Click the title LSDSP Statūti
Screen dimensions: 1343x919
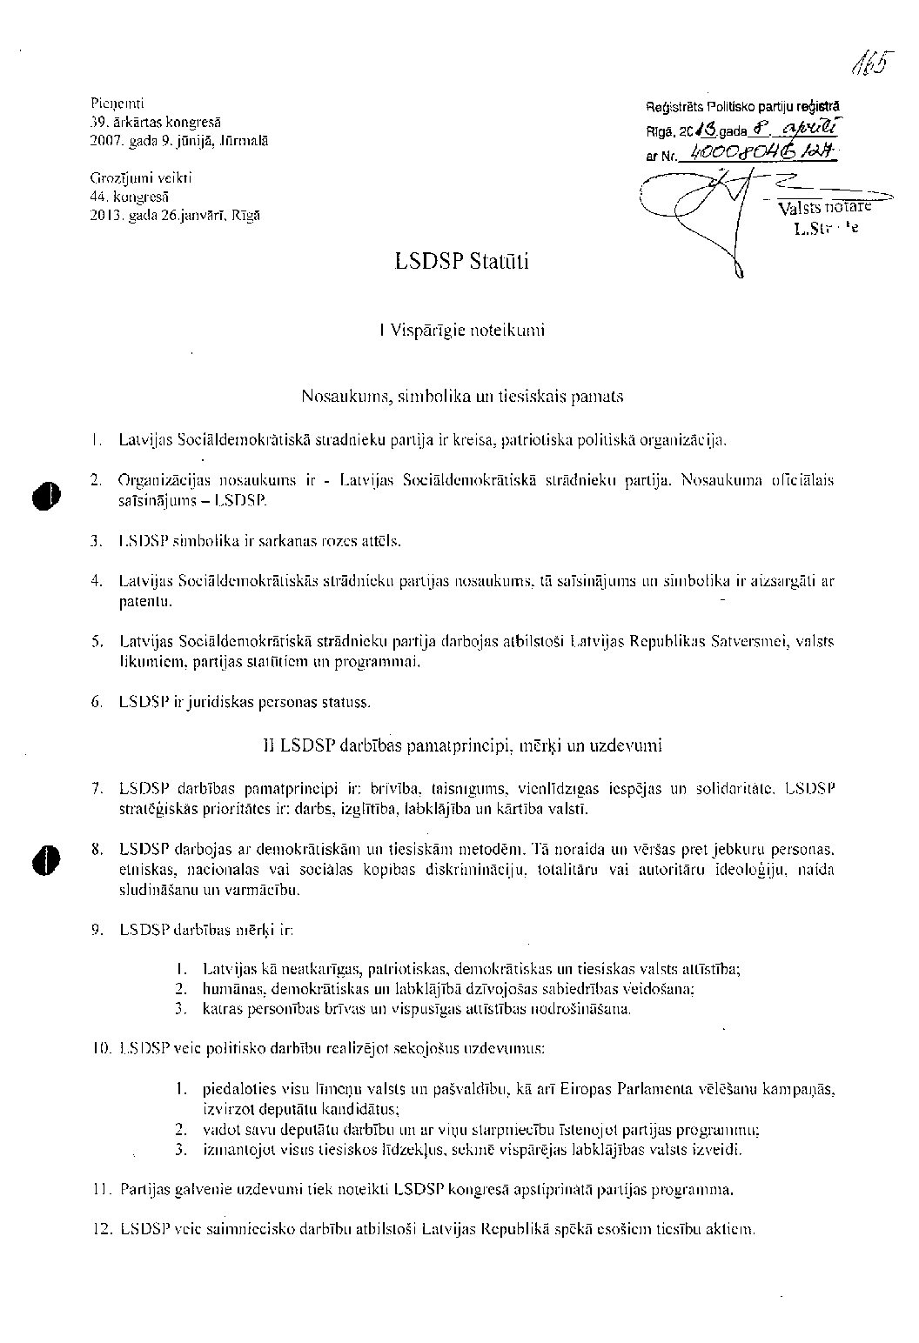[x=460, y=262]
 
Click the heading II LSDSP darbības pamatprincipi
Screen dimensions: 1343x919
[x=462, y=745]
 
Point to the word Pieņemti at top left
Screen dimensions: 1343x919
[x=117, y=104]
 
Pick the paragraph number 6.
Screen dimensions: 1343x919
[x=97, y=702]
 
